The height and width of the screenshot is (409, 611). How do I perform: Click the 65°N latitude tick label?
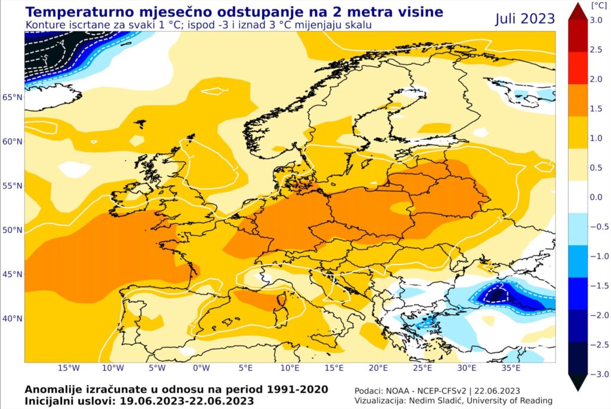click(x=13, y=97)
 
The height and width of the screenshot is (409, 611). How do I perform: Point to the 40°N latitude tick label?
click(x=13, y=319)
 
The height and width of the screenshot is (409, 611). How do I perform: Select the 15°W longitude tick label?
click(x=69, y=368)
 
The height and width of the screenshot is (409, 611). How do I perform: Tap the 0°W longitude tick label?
click(x=201, y=368)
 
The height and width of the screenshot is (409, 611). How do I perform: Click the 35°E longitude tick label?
click(x=511, y=368)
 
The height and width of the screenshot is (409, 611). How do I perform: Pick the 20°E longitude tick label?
click(x=378, y=368)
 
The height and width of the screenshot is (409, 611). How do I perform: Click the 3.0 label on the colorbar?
click(x=596, y=20)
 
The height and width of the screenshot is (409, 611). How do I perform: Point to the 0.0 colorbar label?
click(x=596, y=197)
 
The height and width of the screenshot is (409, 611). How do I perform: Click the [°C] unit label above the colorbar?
click(x=598, y=5)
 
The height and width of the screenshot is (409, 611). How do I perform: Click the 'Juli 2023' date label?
click(x=525, y=19)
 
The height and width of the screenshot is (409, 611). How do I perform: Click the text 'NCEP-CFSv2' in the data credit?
click(x=442, y=391)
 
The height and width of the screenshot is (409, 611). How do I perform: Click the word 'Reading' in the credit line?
click(x=538, y=401)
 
